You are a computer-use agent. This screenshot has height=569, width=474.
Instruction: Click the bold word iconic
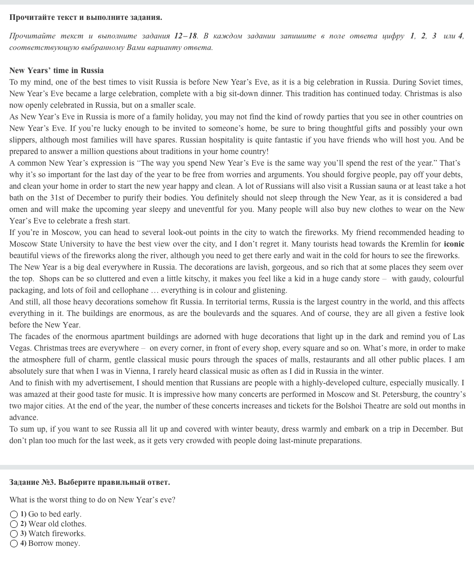tap(454, 244)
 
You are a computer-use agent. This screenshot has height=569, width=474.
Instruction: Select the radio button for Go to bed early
tap(14, 514)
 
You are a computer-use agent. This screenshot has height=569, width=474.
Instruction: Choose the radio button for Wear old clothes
tap(14, 524)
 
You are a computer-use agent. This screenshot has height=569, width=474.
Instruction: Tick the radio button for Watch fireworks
tap(14, 534)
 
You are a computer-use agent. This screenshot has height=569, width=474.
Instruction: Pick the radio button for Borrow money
tap(14, 544)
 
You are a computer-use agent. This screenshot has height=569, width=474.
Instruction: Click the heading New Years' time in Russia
tap(56, 70)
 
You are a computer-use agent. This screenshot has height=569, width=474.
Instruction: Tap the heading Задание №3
tap(89, 482)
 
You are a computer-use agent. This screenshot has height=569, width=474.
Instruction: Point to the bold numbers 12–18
tap(185, 36)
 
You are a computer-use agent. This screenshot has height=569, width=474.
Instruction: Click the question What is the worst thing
tap(92, 500)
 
